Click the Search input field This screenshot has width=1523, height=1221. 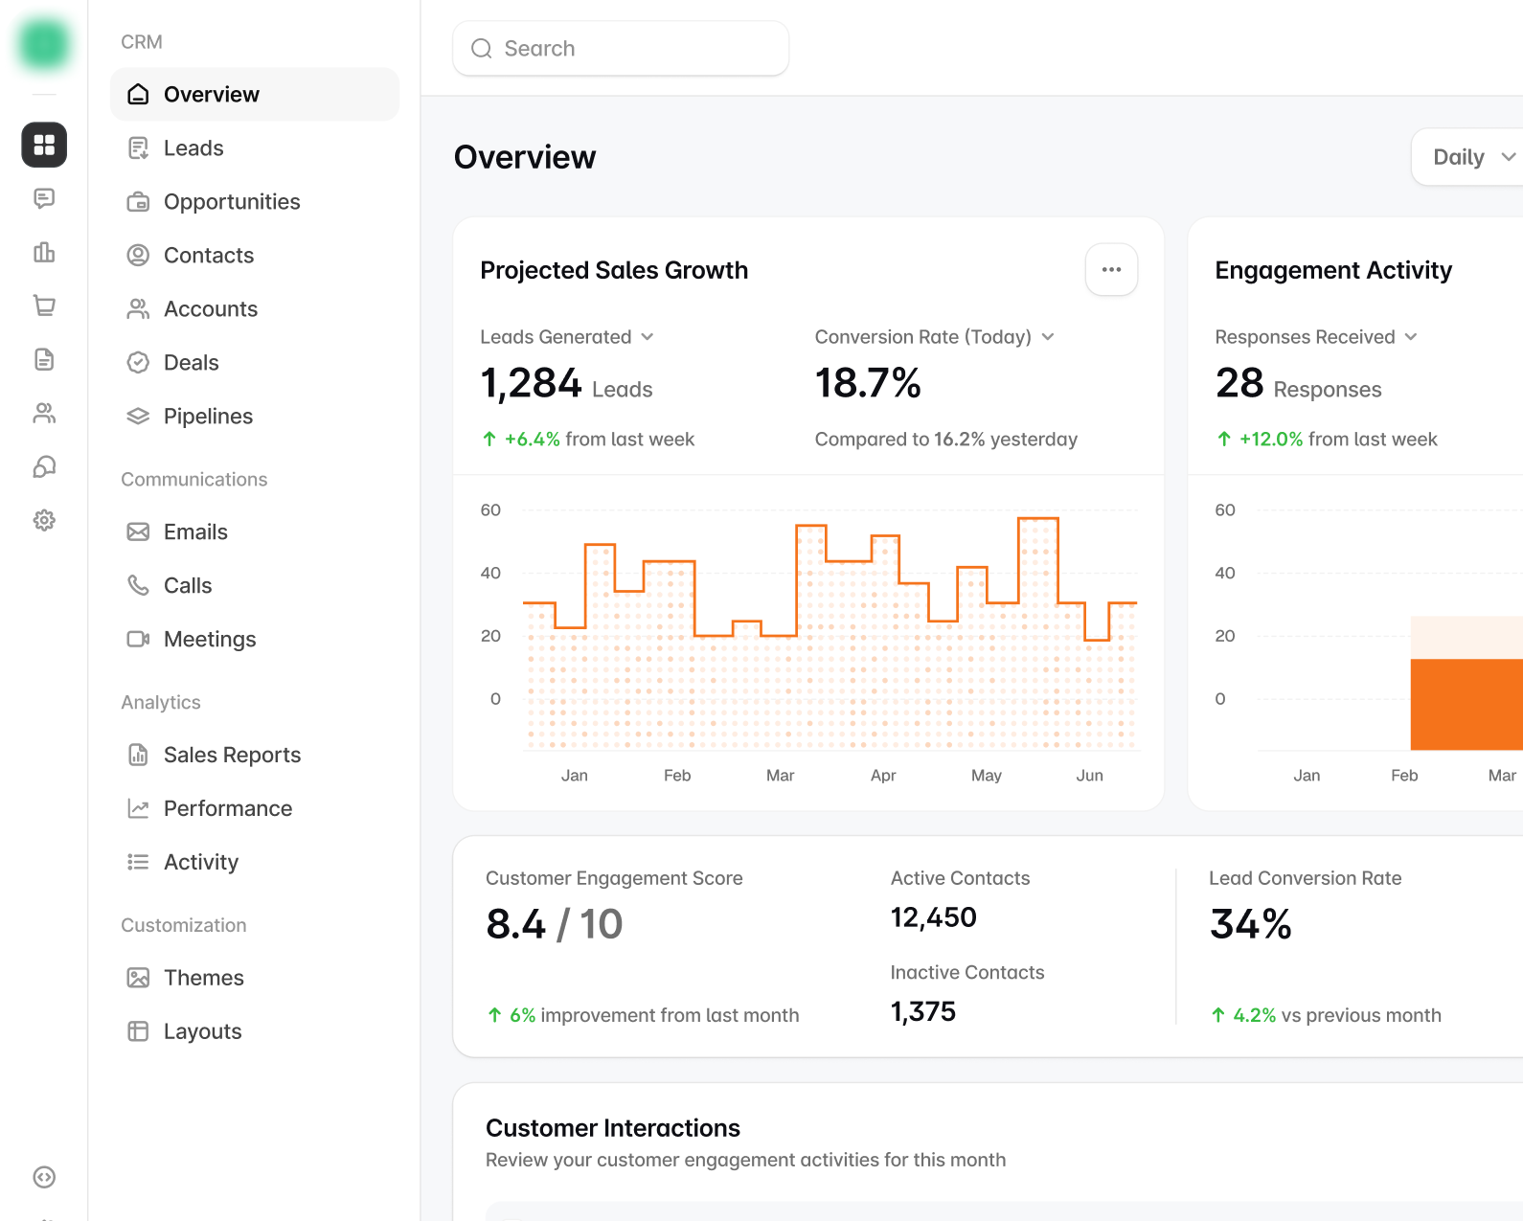pyautogui.click(x=621, y=48)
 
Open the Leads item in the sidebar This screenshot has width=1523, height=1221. pyautogui.click(x=193, y=147)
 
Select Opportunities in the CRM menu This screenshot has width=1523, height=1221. pyautogui.click(x=232, y=202)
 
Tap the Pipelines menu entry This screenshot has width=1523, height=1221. pyautogui.click(x=208, y=417)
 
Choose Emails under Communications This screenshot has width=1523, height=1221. pyautogui.click(x=195, y=531)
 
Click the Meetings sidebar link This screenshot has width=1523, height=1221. pyautogui.click(x=210, y=639)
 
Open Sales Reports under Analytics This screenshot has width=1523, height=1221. pyautogui.click(x=232, y=755)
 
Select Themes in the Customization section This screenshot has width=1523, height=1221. pyautogui.click(x=204, y=978)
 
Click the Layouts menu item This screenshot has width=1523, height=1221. pyautogui.click(x=202, y=1031)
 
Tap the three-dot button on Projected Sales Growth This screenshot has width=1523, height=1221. pyautogui.click(x=1111, y=270)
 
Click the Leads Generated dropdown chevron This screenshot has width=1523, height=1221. pyautogui.click(x=648, y=337)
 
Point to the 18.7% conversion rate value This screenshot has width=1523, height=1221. pyautogui.click(x=868, y=383)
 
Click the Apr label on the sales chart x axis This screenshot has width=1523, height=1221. pyautogui.click(x=883, y=775)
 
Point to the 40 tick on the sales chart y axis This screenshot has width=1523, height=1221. pyautogui.click(x=490, y=573)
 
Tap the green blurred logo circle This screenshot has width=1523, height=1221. pyautogui.click(x=44, y=45)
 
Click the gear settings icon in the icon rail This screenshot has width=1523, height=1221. pyautogui.click(x=44, y=520)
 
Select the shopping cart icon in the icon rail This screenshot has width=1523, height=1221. pyautogui.click(x=44, y=305)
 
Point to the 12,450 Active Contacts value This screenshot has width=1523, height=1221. pyautogui.click(x=934, y=917)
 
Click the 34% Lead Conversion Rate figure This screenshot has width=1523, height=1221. pyautogui.click(x=1251, y=924)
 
